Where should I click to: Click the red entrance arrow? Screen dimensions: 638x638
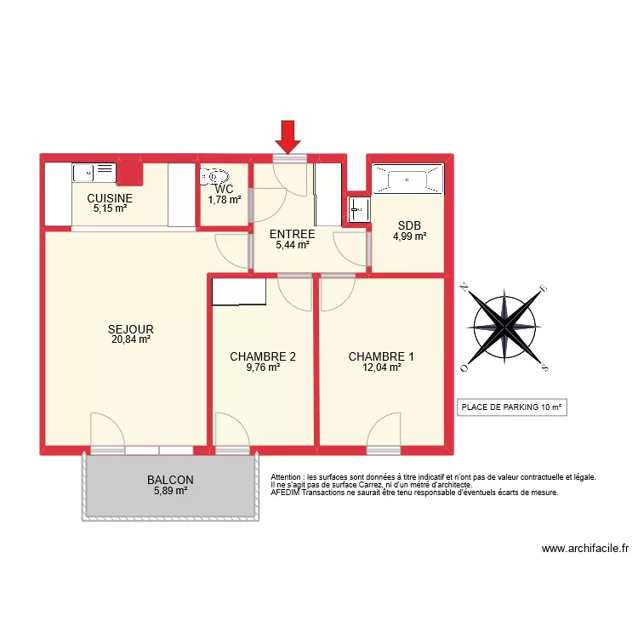point(289,135)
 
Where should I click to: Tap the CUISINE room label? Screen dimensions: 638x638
point(110,198)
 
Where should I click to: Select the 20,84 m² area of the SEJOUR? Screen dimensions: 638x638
point(130,339)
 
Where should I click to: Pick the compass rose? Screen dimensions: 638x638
point(505,327)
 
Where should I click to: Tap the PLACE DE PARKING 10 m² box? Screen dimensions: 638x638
point(511,407)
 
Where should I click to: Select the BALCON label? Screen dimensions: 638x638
point(169,480)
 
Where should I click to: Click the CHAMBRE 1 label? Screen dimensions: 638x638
point(381,356)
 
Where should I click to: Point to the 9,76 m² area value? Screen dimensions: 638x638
point(263,368)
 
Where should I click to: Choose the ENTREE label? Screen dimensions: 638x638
point(292,234)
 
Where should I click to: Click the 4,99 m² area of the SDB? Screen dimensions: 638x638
point(409,237)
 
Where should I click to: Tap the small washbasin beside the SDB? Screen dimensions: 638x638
point(356,208)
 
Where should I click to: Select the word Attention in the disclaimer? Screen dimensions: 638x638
point(288,478)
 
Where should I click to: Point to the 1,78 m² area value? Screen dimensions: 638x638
point(225,200)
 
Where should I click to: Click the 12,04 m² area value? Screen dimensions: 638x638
point(381,368)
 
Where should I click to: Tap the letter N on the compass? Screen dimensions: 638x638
point(464,288)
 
